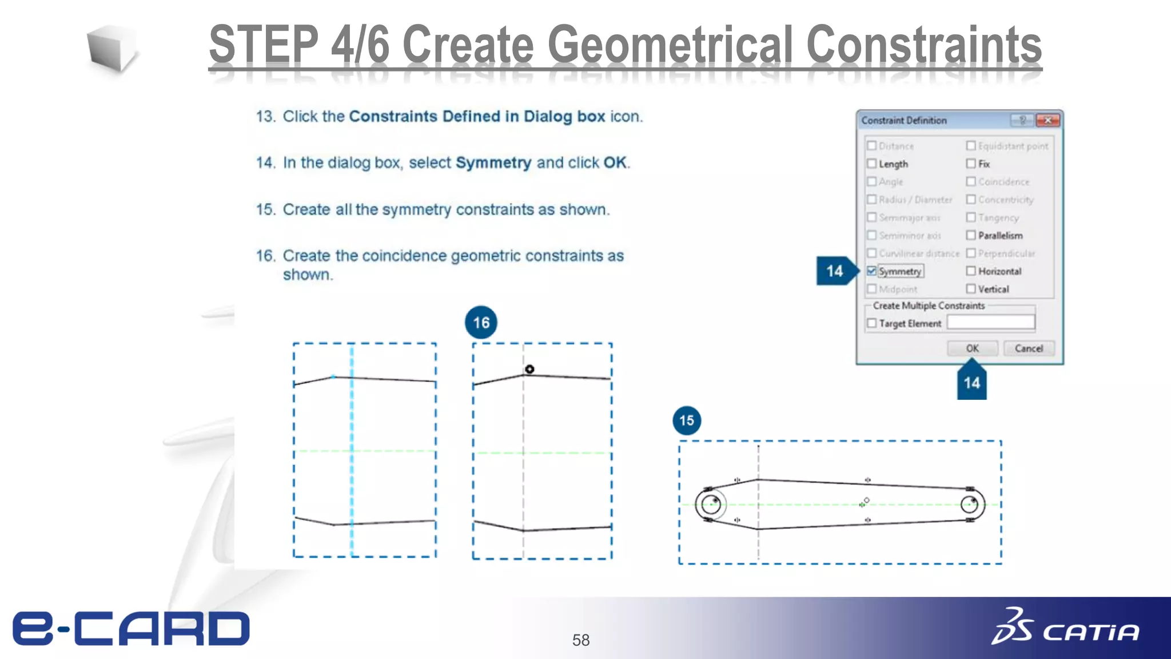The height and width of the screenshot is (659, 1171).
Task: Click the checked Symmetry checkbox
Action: click(871, 271)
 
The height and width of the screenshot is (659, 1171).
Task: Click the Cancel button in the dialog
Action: click(1029, 348)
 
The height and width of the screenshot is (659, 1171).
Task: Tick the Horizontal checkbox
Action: click(971, 271)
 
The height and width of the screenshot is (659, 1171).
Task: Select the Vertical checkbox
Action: click(971, 289)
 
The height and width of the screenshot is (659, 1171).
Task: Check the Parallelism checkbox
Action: click(971, 235)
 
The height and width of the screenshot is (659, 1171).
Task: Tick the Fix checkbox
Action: click(971, 164)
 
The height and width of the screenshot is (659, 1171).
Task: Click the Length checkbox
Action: click(871, 164)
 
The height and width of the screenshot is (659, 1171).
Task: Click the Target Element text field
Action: click(990, 323)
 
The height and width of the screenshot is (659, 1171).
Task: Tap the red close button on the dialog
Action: click(1048, 120)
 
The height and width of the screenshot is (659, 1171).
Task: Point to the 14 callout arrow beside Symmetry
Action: click(836, 271)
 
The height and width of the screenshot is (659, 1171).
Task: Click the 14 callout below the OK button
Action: click(971, 382)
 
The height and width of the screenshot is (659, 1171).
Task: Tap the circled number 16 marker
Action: click(481, 323)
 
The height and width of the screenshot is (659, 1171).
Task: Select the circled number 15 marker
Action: click(686, 420)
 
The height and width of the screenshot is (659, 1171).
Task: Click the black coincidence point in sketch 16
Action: click(529, 370)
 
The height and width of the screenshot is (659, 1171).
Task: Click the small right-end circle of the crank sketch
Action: click(970, 505)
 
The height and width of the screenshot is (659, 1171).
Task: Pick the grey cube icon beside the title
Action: click(111, 49)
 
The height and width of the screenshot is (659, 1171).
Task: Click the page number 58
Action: click(580, 640)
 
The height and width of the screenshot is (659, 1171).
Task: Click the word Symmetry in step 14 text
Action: click(493, 163)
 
